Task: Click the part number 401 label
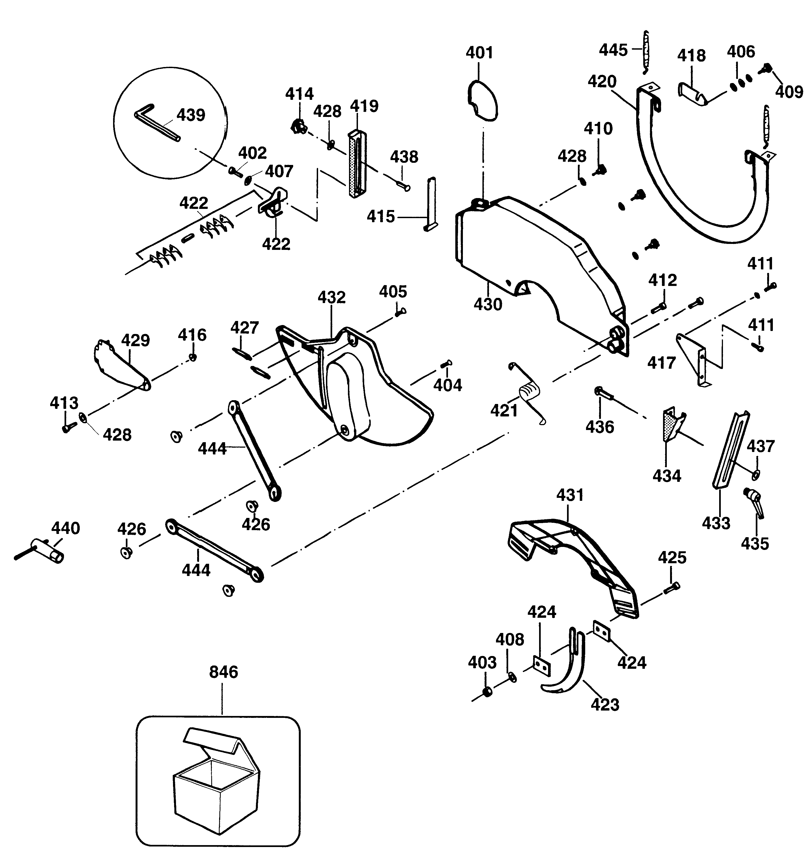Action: tap(479, 53)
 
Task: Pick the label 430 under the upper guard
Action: tap(488, 304)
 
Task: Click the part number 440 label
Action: tap(66, 528)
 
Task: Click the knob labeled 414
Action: tap(298, 127)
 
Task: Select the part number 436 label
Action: tap(600, 427)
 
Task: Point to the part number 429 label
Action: tap(135, 340)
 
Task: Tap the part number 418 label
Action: tap(691, 56)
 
